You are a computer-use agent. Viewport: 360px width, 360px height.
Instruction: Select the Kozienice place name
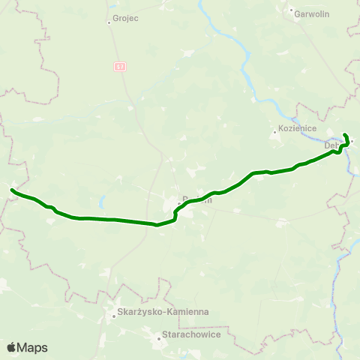click(295, 128)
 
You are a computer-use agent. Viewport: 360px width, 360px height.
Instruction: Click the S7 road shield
click(121, 67)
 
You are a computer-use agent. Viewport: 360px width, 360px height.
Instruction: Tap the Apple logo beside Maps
click(11, 347)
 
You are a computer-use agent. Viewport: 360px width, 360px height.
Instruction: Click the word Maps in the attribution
click(32, 347)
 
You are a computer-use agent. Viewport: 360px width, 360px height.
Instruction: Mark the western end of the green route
click(12, 191)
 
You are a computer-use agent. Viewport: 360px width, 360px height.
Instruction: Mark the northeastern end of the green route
click(345, 134)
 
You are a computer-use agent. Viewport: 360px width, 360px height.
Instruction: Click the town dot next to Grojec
click(109, 22)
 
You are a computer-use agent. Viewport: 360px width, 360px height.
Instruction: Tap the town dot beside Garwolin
click(291, 10)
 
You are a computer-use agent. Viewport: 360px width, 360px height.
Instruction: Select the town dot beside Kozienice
click(274, 134)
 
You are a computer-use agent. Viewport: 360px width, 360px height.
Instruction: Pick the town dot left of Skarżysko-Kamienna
click(113, 316)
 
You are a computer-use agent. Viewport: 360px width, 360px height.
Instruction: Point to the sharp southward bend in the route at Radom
click(175, 214)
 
